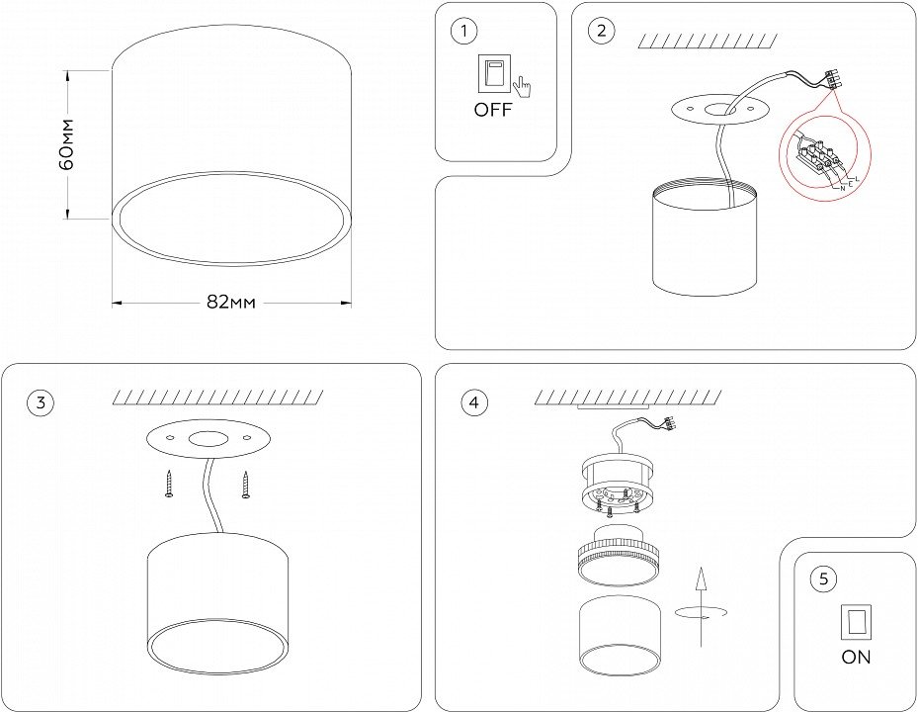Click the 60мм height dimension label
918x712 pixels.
pos(66,143)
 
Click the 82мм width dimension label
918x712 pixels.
pos(231,303)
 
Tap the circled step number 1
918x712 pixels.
pos(461,32)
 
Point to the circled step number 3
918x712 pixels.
pos(40,402)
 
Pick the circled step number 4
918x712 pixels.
pos(474,402)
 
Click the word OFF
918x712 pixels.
pos(493,110)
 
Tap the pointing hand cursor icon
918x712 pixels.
pos(520,89)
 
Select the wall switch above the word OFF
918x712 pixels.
pos(491,75)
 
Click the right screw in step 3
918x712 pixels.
pos(244,485)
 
